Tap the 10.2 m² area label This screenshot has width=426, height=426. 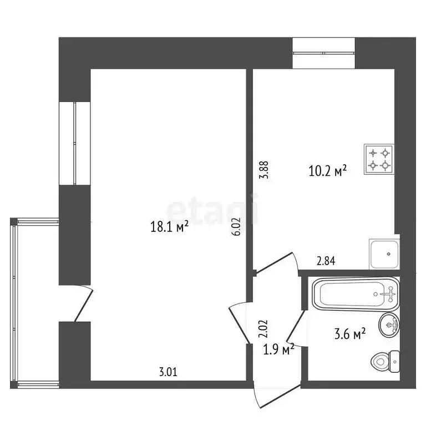[x=327, y=171]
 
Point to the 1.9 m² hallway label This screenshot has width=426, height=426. [x=278, y=350]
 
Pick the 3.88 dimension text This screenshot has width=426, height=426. [x=266, y=169]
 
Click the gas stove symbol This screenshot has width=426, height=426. [x=379, y=159]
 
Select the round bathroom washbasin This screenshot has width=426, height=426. [x=389, y=325]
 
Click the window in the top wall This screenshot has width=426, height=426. [x=324, y=53]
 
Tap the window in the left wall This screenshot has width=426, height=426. [x=74, y=143]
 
